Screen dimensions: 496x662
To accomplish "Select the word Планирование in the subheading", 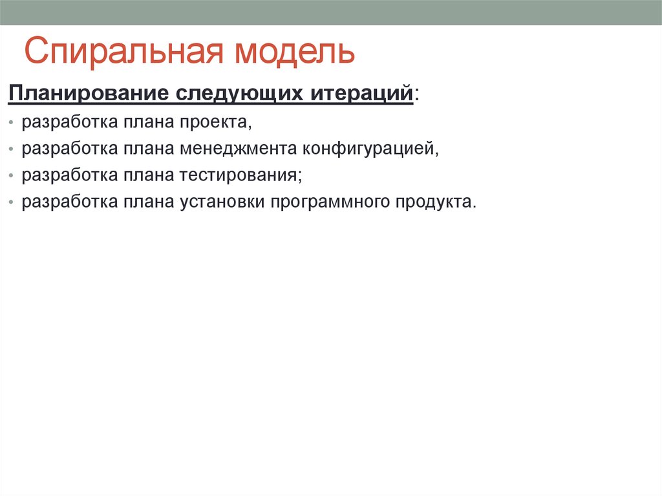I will pyautogui.click(x=87, y=93).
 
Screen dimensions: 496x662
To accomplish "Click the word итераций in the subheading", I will pyautogui.click(x=363, y=93).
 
